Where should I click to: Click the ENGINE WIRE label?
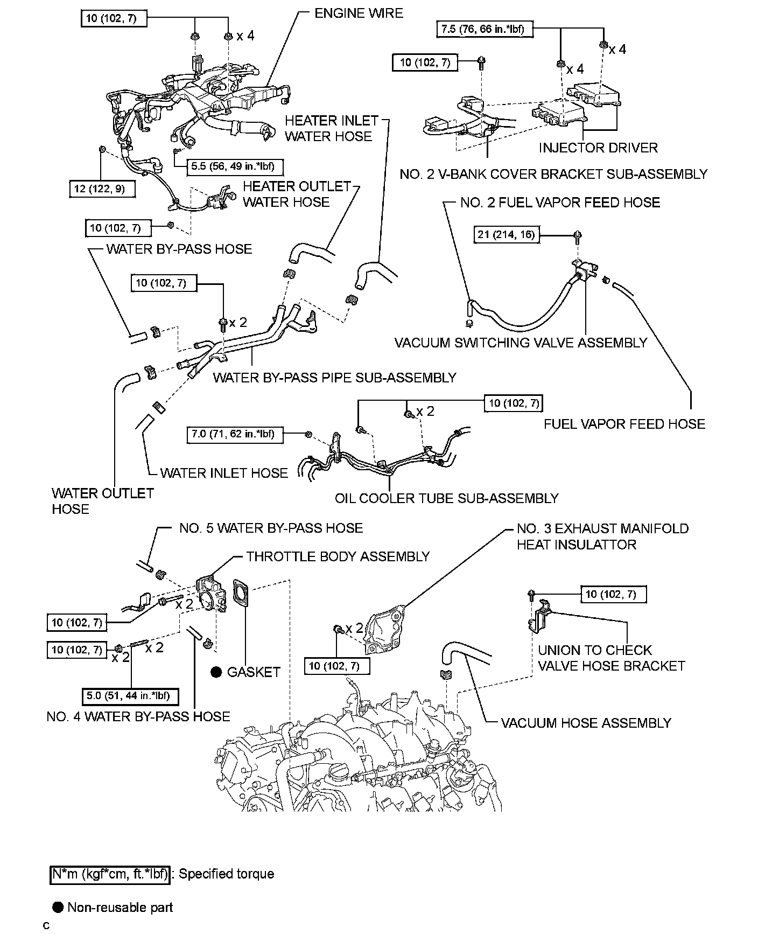pos(359,13)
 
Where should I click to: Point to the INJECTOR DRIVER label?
pos(598,148)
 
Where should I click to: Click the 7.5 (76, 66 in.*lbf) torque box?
pos(483,29)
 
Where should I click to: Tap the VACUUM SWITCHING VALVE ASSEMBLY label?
pos(521,343)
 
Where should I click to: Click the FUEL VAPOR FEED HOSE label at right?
pos(624,424)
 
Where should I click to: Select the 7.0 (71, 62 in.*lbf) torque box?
pos(234,434)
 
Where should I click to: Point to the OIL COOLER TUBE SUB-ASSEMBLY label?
pos(446,498)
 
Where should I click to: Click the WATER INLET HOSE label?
pos(224,473)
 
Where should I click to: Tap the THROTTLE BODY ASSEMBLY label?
pos(338,556)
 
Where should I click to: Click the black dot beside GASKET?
pos(216,672)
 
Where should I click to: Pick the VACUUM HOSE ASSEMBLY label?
pos(586,723)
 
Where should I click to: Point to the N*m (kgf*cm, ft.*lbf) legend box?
pos(110,874)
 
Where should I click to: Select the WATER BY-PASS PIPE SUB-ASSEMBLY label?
pos(334,378)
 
